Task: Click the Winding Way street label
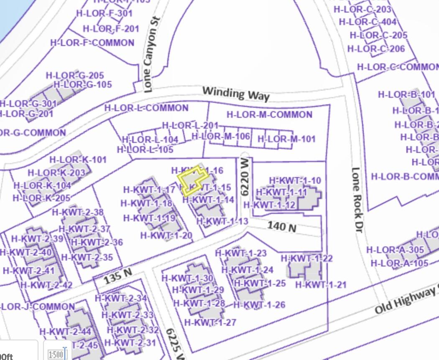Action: pos(236,94)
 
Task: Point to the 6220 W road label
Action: pos(245,177)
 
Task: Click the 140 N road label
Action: pos(282,227)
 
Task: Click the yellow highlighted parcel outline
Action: pos(192,181)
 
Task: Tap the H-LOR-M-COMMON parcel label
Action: pos(269,114)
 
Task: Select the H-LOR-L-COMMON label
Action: pos(146,108)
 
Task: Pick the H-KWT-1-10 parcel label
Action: pos(295,180)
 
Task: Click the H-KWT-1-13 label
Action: pos(222,221)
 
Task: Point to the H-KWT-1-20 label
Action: pos(166,236)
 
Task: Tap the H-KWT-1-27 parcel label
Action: pos(210,322)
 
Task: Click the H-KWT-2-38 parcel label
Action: pos(78,212)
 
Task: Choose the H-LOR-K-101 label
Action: pos(78,160)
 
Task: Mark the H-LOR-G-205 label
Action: pos(75,76)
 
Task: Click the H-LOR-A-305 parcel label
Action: pos(395,250)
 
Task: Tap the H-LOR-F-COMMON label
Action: pos(92,43)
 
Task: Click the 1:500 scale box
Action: pos(56,355)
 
